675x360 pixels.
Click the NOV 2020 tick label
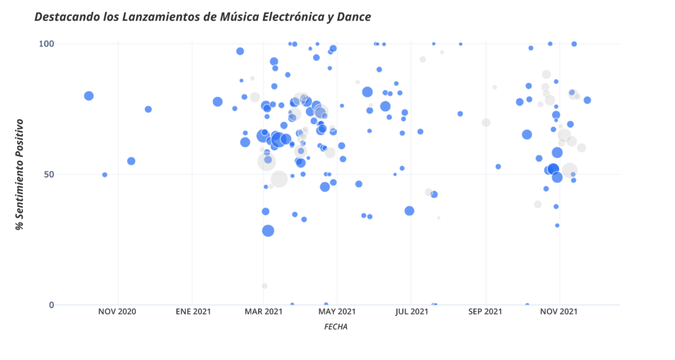pyautogui.click(x=118, y=311)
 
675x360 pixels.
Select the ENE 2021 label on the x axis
pyautogui.click(x=192, y=311)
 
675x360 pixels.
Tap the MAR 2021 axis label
pyautogui.click(x=263, y=311)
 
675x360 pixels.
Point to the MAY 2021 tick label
pyautogui.click(x=336, y=311)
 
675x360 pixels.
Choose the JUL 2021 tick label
pyautogui.click(x=410, y=311)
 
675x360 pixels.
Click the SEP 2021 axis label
pyautogui.click(x=485, y=311)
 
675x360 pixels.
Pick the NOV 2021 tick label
pyautogui.click(x=559, y=311)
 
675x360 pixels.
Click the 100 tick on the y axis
pyautogui.click(x=44, y=44)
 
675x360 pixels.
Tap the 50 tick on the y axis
pyautogui.click(x=47, y=174)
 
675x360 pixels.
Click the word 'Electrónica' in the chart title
pyautogui.click(x=291, y=16)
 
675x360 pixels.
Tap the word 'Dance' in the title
pyautogui.click(x=353, y=16)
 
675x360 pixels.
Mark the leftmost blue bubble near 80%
pyautogui.click(x=89, y=96)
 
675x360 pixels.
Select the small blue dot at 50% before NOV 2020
pyautogui.click(x=105, y=175)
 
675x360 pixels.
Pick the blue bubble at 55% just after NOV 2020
pyautogui.click(x=131, y=161)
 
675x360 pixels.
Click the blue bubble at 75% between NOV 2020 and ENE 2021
pyautogui.click(x=148, y=109)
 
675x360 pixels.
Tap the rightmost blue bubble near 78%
pyautogui.click(x=587, y=100)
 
